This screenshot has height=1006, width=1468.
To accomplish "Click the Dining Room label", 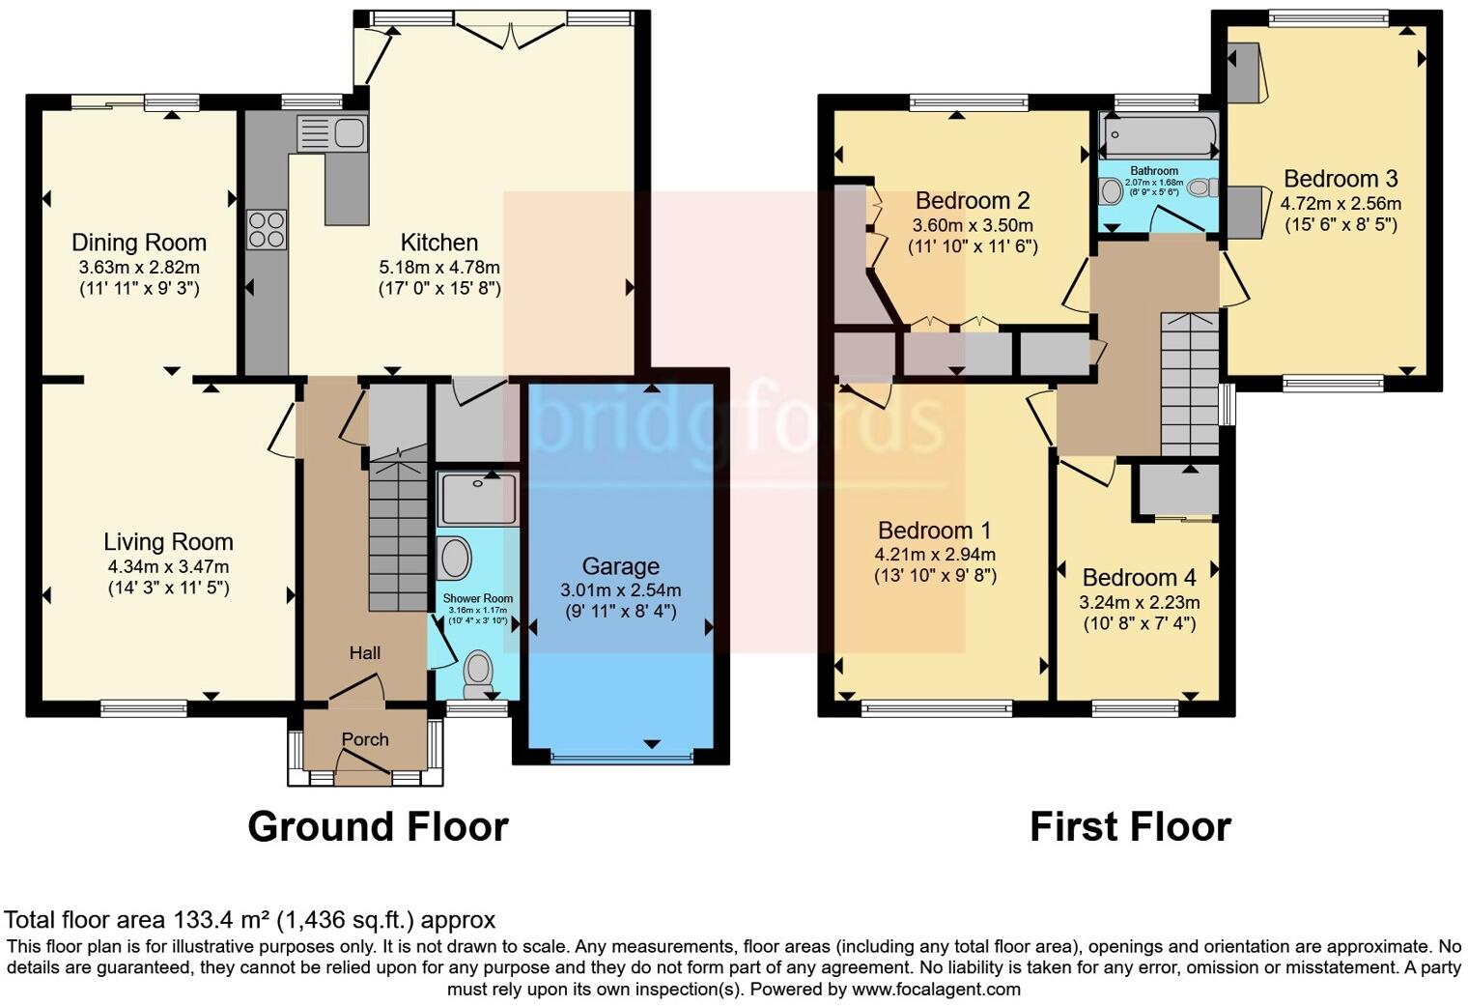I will click(x=139, y=243).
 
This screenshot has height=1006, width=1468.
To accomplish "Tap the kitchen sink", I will click(x=331, y=133).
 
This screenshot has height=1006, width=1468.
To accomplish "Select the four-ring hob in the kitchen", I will click(x=267, y=229).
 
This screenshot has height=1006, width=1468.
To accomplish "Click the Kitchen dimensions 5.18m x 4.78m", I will click(x=439, y=267).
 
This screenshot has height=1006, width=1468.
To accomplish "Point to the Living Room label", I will click(x=168, y=542).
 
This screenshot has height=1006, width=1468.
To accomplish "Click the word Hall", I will click(x=364, y=653).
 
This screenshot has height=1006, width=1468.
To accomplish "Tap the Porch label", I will click(x=365, y=739).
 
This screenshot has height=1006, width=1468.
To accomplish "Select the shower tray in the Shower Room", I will click(x=477, y=499).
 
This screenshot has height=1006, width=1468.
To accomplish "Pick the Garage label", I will click(x=620, y=566).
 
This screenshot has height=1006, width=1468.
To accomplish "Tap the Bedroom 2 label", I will click(x=973, y=201).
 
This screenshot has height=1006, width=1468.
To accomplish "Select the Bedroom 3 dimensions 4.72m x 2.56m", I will click(x=1341, y=204).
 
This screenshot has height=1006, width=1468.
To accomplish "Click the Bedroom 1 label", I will click(x=934, y=531).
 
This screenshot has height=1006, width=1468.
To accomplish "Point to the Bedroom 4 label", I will click(x=1139, y=578).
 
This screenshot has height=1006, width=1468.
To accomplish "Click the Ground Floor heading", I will click(x=378, y=827).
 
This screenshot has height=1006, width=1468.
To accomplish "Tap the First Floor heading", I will click(x=1130, y=827).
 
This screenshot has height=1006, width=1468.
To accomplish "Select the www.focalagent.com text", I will click(x=936, y=990).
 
